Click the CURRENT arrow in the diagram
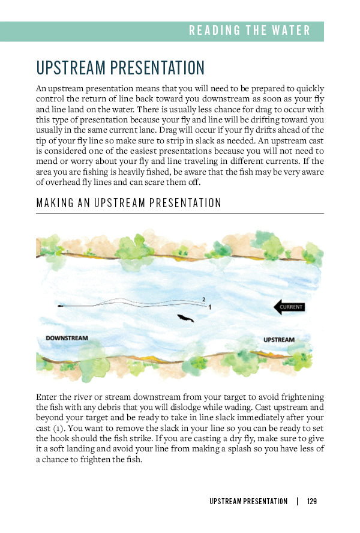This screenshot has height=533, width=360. point(289,307)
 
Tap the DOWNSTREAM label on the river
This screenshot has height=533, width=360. point(67,339)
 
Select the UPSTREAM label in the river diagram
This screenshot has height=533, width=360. point(279,340)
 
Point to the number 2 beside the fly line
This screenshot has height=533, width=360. point(203,299)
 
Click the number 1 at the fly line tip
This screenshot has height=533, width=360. point(209,307)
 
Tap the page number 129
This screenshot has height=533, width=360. point(311,501)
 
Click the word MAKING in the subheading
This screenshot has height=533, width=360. point(52,203)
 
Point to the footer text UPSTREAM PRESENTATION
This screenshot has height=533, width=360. point(248,501)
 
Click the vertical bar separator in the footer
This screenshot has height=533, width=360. point(296,501)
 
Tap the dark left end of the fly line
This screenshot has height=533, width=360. point(61,306)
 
